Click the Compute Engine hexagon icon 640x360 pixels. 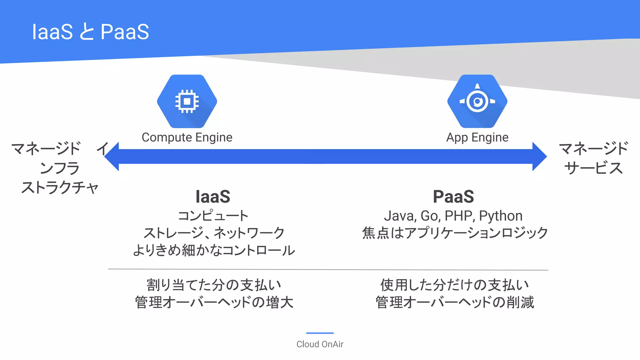point(187,101)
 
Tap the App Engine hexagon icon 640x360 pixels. point(477,101)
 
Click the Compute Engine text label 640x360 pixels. point(187,137)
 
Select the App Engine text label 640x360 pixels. point(477,137)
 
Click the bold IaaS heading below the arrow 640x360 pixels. point(213,197)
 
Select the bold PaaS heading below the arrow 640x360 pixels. point(453,197)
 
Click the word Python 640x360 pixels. point(501,216)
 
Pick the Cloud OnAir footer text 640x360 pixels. point(320,344)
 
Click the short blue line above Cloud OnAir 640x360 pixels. point(320,333)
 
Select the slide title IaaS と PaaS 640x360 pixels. point(91,32)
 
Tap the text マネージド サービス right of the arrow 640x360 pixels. point(593,158)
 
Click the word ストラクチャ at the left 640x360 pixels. point(60,187)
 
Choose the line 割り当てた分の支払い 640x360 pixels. point(214,285)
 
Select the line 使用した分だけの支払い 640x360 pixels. point(455,285)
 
